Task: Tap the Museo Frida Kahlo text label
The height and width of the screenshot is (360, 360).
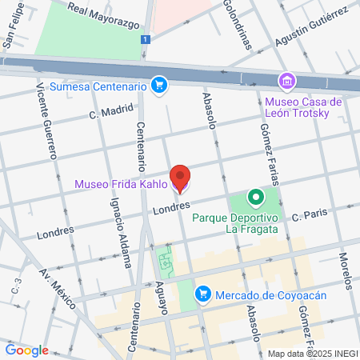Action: click(x=121, y=184)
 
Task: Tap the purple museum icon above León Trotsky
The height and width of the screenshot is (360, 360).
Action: click(x=286, y=81)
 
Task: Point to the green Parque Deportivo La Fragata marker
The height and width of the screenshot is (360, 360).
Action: click(x=254, y=197)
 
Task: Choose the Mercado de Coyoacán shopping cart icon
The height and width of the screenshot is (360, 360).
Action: click(x=204, y=295)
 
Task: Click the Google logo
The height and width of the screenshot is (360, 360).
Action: click(x=26, y=350)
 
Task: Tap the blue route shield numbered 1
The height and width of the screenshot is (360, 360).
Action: click(x=144, y=39)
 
